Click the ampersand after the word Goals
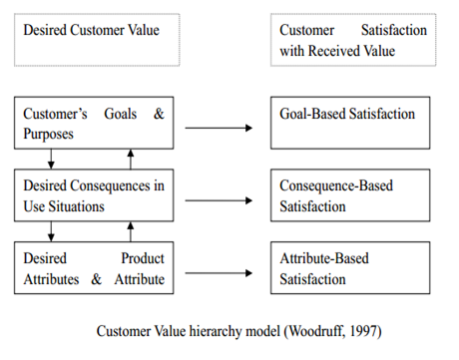click(x=158, y=114)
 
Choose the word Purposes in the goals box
click(x=49, y=133)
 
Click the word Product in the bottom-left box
click(x=143, y=258)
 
